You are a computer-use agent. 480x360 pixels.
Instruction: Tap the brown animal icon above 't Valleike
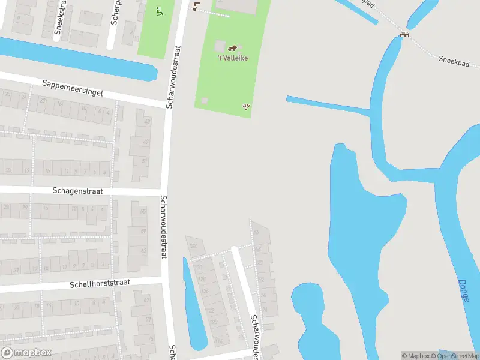point(233,47)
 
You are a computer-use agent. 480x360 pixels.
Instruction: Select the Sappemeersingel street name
point(73,88)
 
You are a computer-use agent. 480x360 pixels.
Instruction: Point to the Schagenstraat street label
point(77,191)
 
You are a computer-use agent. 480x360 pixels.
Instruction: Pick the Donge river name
point(464,290)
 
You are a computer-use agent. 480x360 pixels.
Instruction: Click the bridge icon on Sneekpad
point(405,34)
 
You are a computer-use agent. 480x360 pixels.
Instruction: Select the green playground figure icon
point(159,11)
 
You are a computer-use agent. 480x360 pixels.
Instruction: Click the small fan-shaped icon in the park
point(246,107)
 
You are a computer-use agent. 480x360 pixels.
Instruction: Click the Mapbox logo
point(26,353)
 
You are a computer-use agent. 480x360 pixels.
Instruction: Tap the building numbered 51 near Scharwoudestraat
point(143,161)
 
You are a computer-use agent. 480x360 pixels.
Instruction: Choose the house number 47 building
point(144,143)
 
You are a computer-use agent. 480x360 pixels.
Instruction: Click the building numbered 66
point(256,232)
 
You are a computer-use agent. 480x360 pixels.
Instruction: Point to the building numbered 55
point(143,212)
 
